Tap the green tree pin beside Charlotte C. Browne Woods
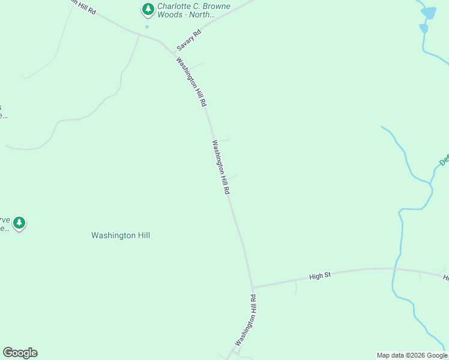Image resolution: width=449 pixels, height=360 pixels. coord(148,9)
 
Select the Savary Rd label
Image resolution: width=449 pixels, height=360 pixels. coord(188,40)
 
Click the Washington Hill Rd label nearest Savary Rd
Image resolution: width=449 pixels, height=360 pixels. coord(191,82)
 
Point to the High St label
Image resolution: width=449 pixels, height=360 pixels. coord(320,276)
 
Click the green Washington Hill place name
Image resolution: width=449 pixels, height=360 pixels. coord(120,236)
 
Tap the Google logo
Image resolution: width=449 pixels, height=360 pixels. coord(20,353)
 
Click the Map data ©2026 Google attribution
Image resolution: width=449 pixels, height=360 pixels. coord(412,355)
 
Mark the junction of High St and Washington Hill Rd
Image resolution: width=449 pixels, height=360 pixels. coord(253,287)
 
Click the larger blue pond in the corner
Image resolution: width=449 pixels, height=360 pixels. coord(429,12)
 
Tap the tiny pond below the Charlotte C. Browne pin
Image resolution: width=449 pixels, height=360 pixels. coord(146,26)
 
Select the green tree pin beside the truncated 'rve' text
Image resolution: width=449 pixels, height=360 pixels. coord(19,223)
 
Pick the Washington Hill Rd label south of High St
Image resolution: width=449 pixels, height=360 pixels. coord(246,320)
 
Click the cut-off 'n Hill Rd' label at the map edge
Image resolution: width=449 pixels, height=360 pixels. coord(83,7)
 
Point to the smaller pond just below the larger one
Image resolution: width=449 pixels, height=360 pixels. coord(424,28)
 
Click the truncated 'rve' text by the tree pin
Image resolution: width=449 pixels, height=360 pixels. coord(5,224)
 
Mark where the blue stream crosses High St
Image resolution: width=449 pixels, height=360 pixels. coord(396,269)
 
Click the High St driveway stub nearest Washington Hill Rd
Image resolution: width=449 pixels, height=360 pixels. coord(296,287)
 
